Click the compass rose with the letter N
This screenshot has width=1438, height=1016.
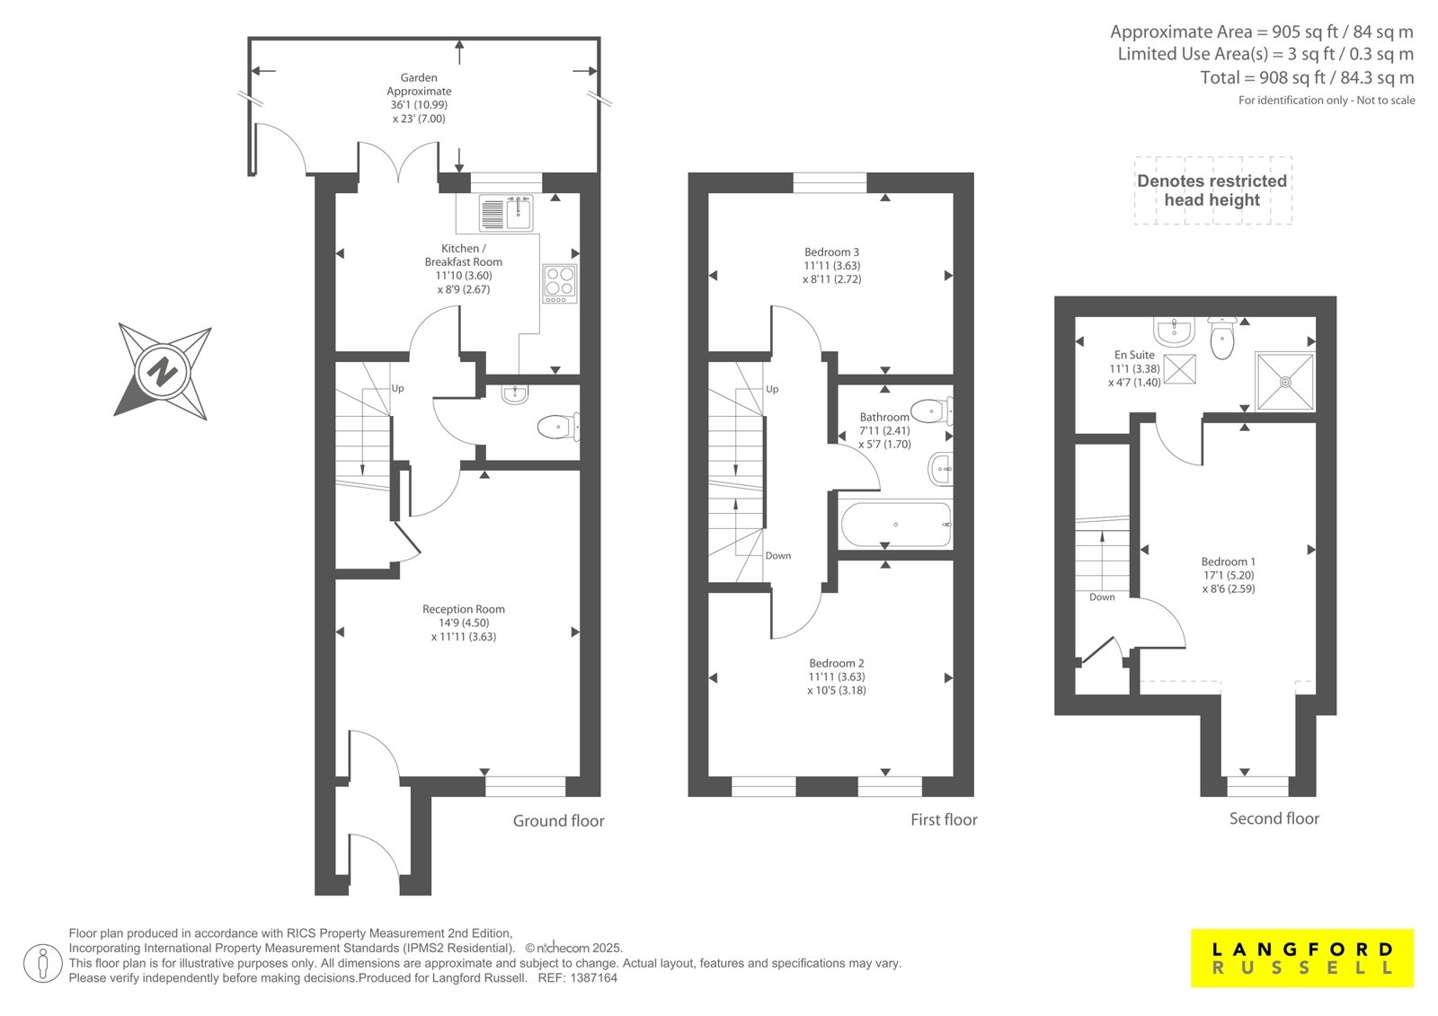[162, 372]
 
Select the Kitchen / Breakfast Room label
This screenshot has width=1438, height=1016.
[464, 255]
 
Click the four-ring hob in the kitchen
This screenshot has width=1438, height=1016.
[560, 283]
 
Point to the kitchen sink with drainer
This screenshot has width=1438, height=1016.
[506, 213]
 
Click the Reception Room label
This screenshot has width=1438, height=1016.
[464, 609]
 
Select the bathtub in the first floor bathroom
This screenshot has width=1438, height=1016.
[896, 525]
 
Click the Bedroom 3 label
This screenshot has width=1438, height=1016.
[831, 252]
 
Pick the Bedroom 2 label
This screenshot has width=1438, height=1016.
[837, 663]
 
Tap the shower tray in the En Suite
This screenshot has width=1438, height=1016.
[1285, 381]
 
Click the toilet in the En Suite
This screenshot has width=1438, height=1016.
[1222, 338]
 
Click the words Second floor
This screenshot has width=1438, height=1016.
[1274, 818]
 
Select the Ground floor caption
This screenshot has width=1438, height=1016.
[558, 821]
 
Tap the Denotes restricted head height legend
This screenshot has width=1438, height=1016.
[1212, 190]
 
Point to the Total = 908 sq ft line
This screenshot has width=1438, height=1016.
[1307, 77]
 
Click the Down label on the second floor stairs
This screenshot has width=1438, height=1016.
[1102, 596]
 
